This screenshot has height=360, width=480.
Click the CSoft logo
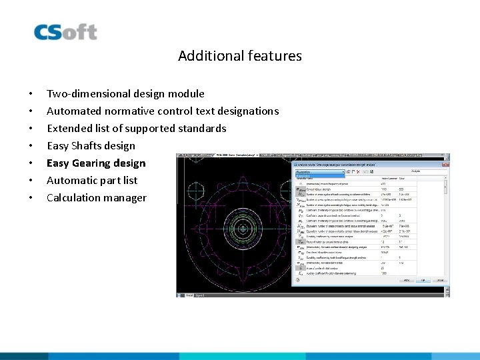tap(65, 32)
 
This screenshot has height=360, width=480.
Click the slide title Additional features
tap(239, 56)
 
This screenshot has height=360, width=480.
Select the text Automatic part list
tap(92, 181)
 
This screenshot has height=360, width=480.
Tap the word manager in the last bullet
tap(126, 198)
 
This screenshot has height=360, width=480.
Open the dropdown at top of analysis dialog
tap(329, 172)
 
